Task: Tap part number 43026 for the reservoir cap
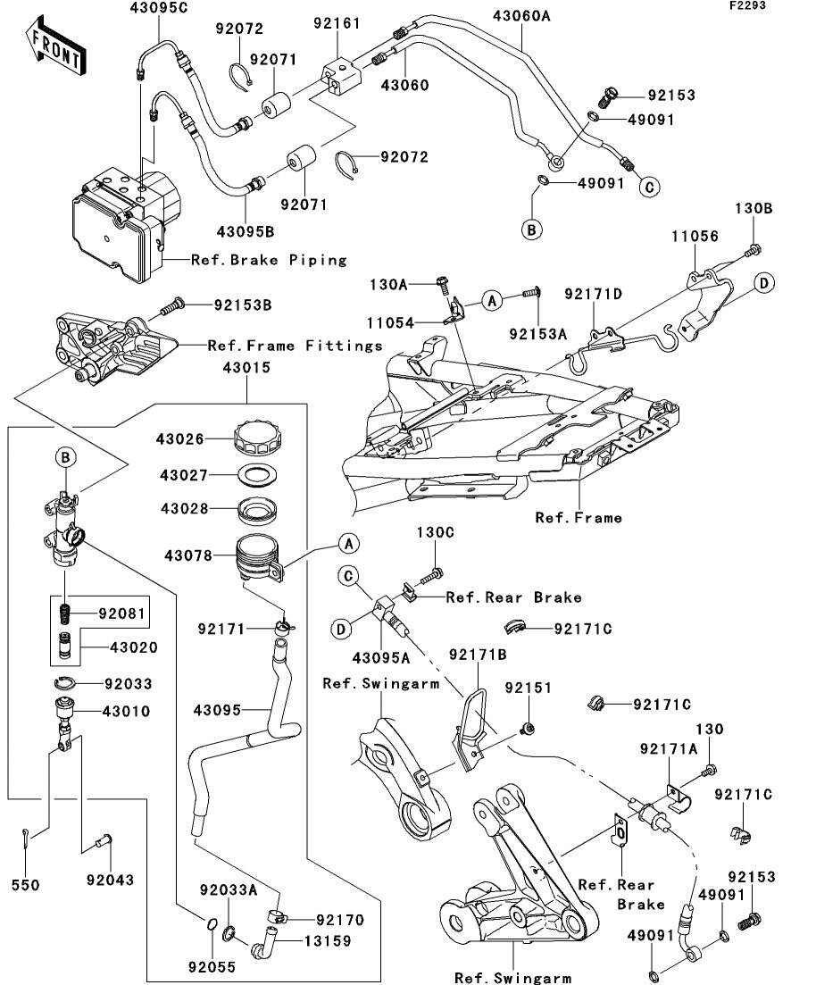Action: tap(180, 439)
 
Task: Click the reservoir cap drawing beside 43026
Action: tap(256, 438)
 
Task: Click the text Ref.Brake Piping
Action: tap(269, 260)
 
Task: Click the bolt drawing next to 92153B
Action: tap(172, 306)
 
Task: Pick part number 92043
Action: tap(110, 881)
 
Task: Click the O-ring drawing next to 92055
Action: tap(210, 923)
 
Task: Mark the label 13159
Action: tap(327, 940)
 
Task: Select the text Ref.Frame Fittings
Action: tap(295, 345)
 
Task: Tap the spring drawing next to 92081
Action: tap(64, 615)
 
